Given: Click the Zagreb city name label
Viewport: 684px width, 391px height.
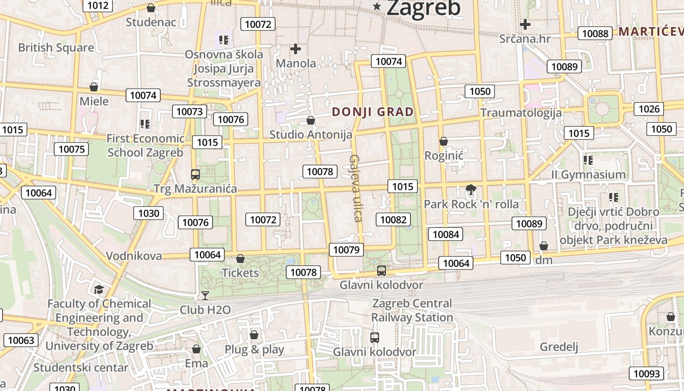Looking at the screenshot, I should (423, 8).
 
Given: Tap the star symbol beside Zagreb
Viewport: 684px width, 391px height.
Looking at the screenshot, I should (377, 6).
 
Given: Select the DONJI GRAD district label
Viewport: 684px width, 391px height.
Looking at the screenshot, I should (373, 112).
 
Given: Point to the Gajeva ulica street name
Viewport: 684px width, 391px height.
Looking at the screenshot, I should (356, 188).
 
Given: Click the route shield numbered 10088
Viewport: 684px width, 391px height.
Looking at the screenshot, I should (595, 33).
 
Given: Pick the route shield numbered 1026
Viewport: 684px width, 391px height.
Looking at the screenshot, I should (649, 109).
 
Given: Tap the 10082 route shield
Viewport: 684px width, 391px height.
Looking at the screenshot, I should (393, 219).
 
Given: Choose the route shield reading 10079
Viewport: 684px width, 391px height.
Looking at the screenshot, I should (346, 250).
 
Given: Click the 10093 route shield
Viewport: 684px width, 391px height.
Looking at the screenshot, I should (646, 373).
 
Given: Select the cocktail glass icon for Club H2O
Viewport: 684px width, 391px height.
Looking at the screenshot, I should (205, 296).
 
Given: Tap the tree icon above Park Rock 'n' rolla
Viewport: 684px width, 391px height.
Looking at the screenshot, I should (471, 190).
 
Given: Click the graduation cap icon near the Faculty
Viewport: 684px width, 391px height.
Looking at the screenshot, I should (99, 289).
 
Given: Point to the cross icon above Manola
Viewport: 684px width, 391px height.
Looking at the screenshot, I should (296, 49).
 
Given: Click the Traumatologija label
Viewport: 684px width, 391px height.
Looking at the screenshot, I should (521, 113).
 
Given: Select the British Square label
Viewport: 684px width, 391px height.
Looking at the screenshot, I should (56, 48).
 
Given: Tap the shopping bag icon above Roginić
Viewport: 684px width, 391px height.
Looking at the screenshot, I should (444, 142).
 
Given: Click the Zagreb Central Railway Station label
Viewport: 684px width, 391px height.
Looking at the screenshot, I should (412, 310).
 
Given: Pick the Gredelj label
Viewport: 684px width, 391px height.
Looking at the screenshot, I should (559, 347).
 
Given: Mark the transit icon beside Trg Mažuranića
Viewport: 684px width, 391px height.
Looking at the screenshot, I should (195, 174).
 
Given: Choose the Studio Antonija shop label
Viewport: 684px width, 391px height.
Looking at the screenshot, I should (311, 134).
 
